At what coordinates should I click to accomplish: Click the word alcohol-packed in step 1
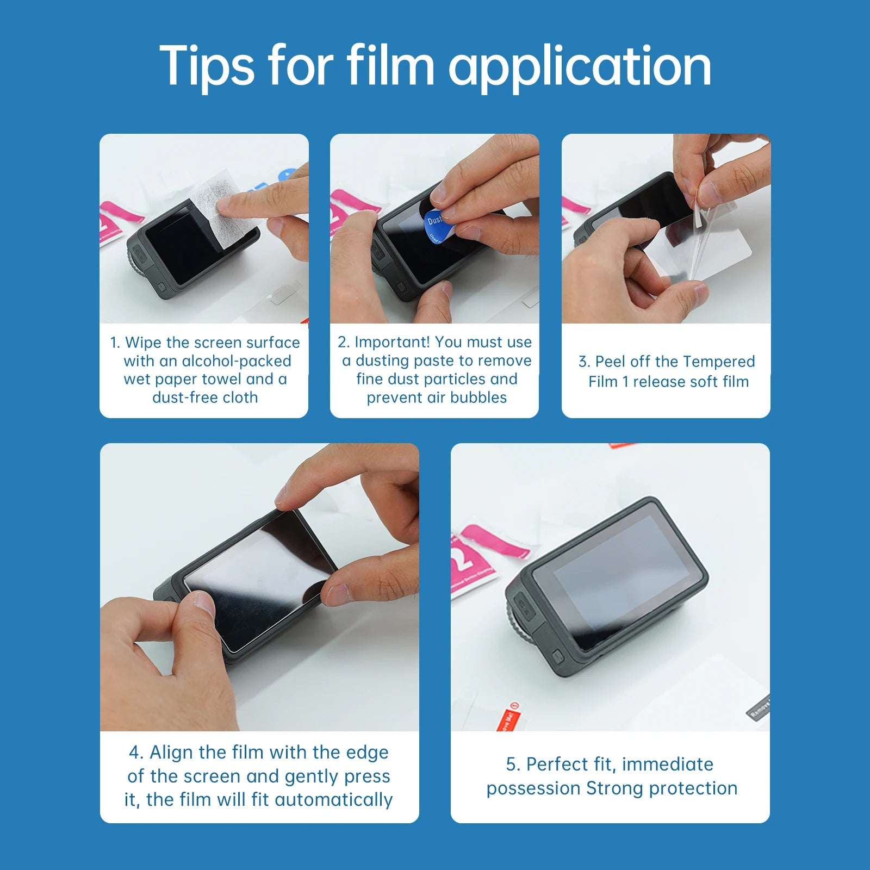237,361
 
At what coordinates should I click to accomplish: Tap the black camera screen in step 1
182,245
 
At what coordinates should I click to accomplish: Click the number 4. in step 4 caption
136,753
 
